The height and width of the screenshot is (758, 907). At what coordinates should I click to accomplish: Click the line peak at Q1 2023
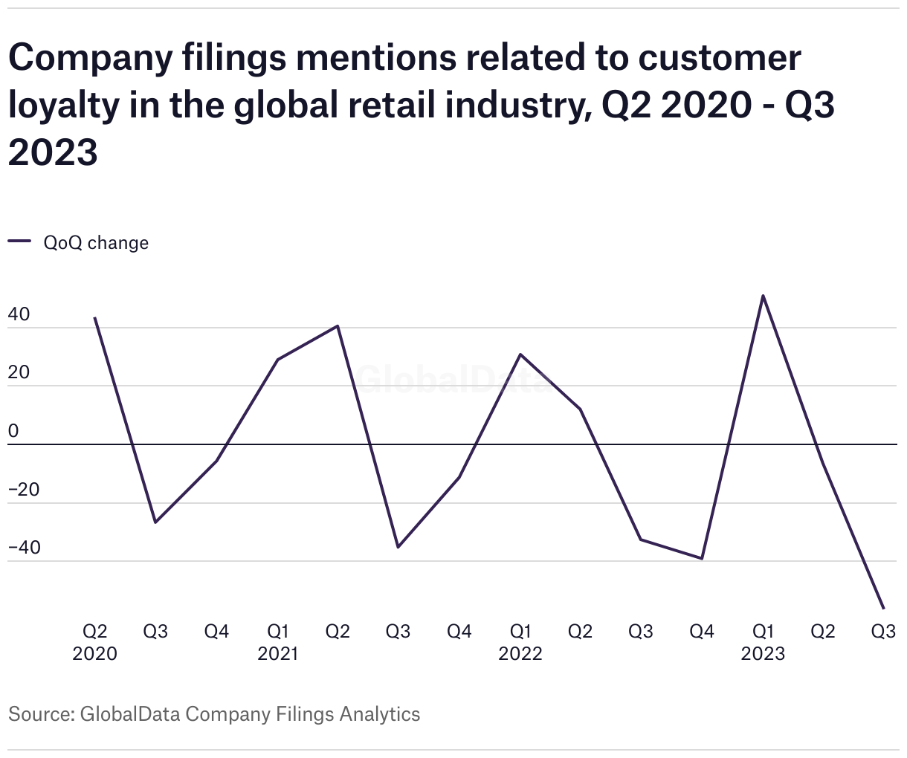(764, 296)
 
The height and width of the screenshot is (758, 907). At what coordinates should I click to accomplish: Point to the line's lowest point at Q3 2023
(883, 609)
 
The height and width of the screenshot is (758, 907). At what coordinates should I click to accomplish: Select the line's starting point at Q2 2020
(95, 318)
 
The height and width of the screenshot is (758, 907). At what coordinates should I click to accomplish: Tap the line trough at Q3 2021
(398, 547)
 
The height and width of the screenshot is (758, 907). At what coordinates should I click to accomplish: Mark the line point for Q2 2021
(338, 326)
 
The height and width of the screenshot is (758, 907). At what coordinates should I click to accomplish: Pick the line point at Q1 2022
(520, 354)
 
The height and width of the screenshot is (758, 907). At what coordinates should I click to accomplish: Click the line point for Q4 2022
(702, 558)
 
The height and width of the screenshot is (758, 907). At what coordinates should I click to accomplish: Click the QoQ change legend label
(96, 243)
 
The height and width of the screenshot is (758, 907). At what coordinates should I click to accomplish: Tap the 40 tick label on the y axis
(19, 314)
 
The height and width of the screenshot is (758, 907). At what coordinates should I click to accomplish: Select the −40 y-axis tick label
(25, 548)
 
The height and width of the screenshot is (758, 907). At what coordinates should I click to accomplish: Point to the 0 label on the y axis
(13, 431)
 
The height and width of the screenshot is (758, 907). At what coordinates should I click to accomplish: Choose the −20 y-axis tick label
(25, 490)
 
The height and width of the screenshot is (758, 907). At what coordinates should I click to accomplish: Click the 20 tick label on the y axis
(19, 372)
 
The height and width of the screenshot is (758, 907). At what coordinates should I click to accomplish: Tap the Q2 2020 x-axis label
(95, 642)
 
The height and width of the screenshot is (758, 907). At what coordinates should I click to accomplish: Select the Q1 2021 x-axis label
(277, 642)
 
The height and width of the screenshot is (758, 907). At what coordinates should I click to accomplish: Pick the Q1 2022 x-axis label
(520, 642)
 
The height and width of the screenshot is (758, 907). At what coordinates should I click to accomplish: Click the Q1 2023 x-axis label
(764, 642)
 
